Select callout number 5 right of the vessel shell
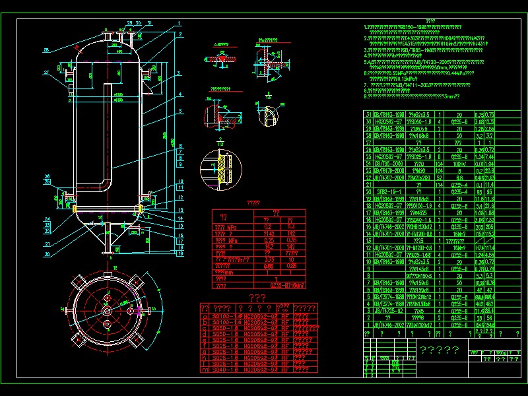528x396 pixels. [x=179, y=111]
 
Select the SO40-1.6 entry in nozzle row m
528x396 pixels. [x=226, y=370]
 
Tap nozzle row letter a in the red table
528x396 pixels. [x=204, y=317]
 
